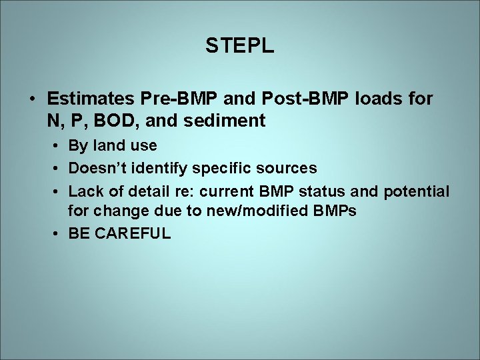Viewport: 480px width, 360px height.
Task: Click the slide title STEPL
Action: pos(239,46)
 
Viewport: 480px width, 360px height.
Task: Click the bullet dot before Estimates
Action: pos(32,99)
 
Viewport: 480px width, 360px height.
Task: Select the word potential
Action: pos(416,192)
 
